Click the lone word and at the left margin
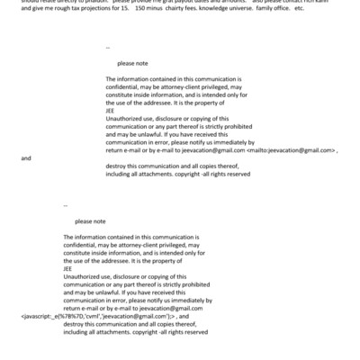pyautogui.click(x=25, y=157)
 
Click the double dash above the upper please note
pyautogui.click(x=108, y=47)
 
